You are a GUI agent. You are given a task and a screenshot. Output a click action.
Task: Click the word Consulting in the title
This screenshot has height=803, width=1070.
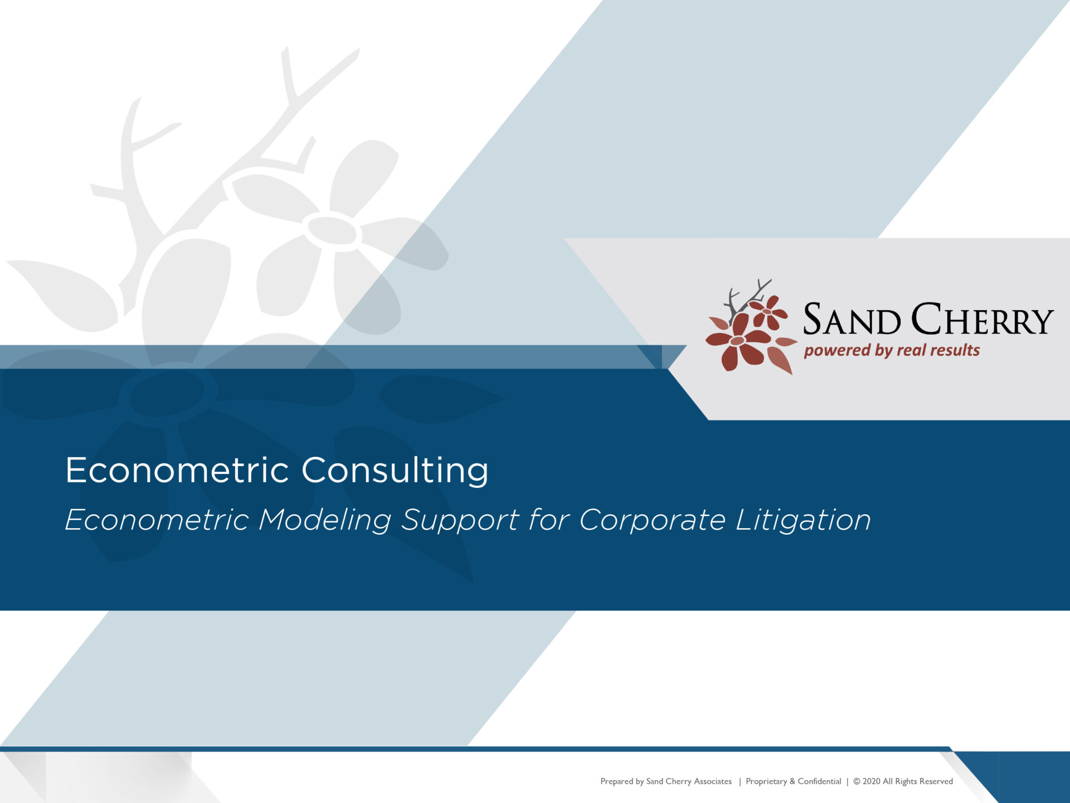tap(395, 471)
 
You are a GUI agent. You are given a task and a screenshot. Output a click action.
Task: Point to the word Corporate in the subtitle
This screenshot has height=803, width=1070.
tap(653, 520)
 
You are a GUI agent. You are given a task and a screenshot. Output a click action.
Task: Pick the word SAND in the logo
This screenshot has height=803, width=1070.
tap(852, 319)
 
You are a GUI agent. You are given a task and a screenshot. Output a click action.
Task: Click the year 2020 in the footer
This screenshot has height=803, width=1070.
tap(871, 781)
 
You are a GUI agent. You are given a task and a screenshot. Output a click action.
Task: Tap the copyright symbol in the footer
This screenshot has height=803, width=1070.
tap(857, 781)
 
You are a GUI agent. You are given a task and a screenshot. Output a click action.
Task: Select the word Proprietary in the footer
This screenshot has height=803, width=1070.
tap(766, 782)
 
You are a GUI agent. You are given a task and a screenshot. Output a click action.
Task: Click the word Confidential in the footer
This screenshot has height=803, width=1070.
tap(819, 781)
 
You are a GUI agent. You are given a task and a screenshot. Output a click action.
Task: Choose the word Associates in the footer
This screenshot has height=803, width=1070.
tap(713, 781)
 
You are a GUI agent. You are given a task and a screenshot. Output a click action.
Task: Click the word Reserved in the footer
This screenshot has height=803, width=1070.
tap(936, 781)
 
